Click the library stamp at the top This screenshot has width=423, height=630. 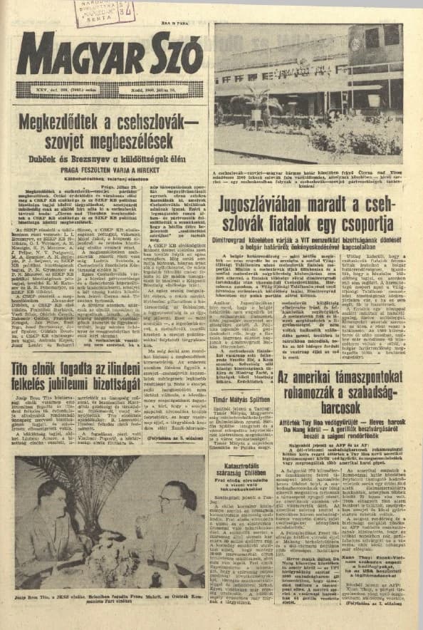point(103,12)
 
